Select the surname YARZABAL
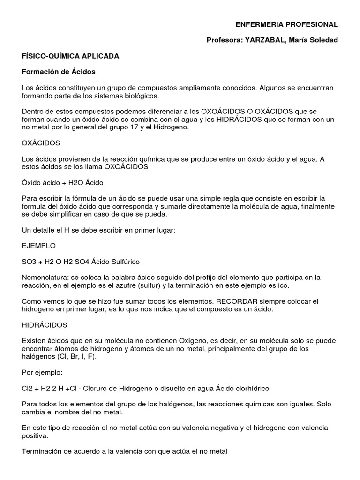coord(263,40)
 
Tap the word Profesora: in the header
coord(223,40)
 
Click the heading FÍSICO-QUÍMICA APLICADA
coord(70,56)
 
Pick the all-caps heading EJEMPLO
coord(38,246)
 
